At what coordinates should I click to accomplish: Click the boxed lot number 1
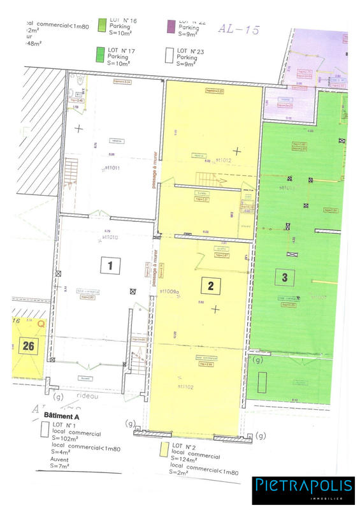coord(110,265)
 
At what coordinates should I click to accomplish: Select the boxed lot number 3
coord(285,277)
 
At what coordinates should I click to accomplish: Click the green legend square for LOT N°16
coord(102,25)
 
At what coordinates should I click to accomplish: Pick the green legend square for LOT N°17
coord(102,54)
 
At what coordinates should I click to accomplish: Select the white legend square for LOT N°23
coord(169,56)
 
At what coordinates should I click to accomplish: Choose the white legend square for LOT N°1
coord(44,428)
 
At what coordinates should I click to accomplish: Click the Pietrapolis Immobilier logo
coord(303,488)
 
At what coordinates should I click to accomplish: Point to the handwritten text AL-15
coord(238,29)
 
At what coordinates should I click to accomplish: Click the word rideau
coord(87,397)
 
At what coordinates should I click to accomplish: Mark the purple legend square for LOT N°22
coord(170,25)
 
